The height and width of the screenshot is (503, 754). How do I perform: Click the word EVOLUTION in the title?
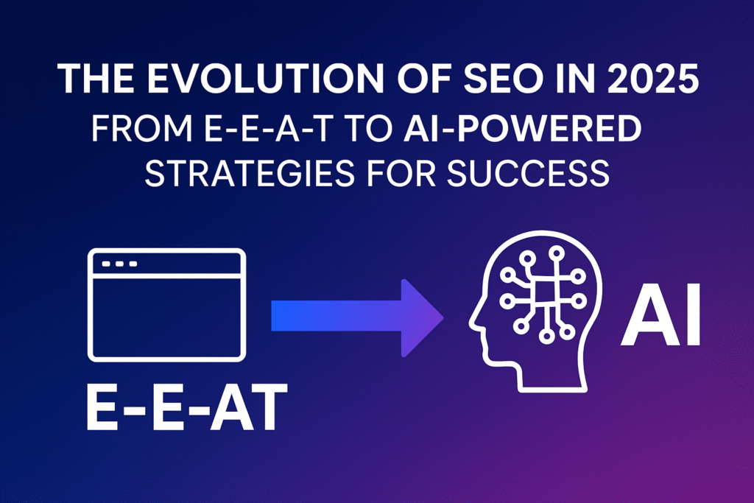coord(265,78)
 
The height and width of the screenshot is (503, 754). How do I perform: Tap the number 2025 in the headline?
coord(652,78)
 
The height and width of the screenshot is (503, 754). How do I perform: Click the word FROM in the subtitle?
coord(142,128)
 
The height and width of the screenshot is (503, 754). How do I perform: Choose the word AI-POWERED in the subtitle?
coord(523,128)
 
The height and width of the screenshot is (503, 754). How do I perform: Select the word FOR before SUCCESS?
coord(401,173)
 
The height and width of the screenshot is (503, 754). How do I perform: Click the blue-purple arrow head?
coord(420,317)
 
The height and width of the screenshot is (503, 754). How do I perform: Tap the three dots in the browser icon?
coord(120,264)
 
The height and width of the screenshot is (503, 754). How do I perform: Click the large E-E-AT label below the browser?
coord(187,407)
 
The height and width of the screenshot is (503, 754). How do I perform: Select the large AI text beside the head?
coord(660,314)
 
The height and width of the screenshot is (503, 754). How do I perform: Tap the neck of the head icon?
coord(552,378)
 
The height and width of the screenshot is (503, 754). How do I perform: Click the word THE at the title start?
coord(96,78)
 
